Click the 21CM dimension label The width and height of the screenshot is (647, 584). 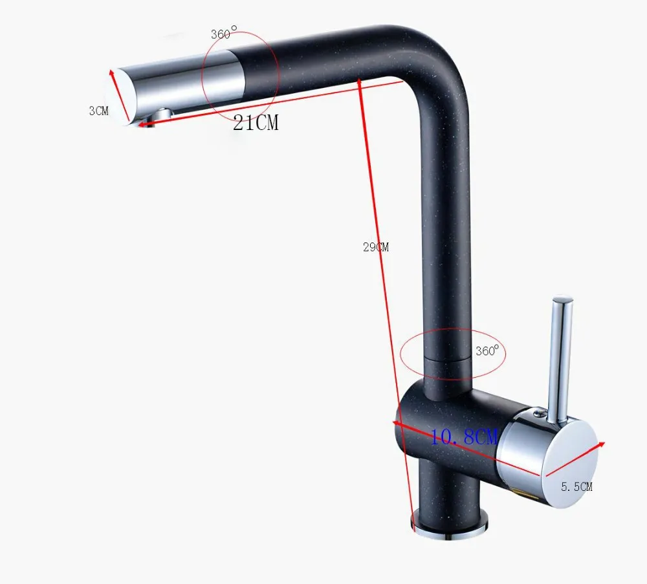pos(256,122)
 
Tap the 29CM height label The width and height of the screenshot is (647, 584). pos(376,247)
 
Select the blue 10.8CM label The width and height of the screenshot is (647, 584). pos(464,437)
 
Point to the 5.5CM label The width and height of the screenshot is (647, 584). pos(576,486)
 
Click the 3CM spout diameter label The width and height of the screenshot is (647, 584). pos(98,111)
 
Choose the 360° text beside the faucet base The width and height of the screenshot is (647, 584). pos(487,350)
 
